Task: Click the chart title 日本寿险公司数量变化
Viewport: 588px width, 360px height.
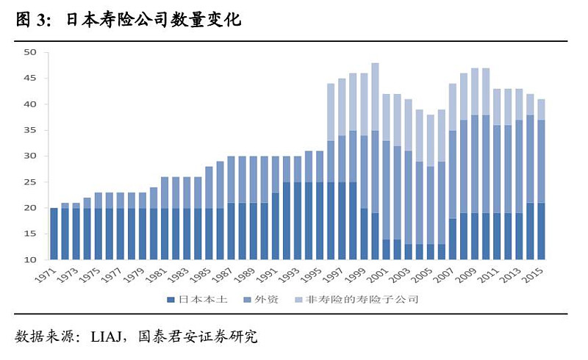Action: pyautogui.click(x=154, y=20)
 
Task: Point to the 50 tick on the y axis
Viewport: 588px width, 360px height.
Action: pyautogui.click(x=30, y=52)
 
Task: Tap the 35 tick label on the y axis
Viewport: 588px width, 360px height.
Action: pyautogui.click(x=30, y=130)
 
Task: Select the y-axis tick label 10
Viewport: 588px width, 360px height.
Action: pyautogui.click(x=30, y=260)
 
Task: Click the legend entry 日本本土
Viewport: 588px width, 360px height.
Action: pyautogui.click(x=194, y=300)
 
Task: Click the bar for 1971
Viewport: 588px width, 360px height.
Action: pyautogui.click(x=54, y=234)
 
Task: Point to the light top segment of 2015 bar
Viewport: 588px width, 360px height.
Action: pyautogui.click(x=541, y=109)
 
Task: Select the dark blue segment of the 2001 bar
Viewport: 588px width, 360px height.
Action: pyautogui.click(x=386, y=249)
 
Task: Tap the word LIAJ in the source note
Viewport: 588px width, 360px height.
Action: pyautogui.click(x=104, y=337)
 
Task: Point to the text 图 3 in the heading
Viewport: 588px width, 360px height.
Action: pyautogui.click(x=30, y=20)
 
